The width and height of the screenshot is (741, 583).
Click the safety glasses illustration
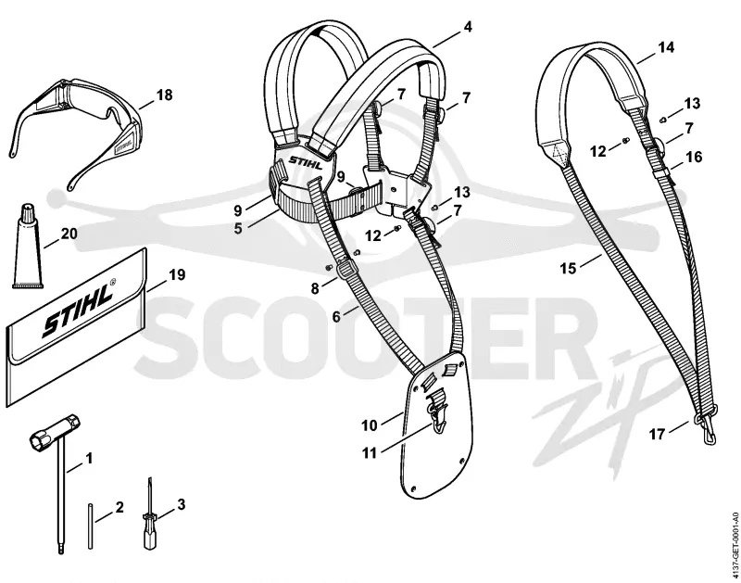point(76,128)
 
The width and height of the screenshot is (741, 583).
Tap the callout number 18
point(164,95)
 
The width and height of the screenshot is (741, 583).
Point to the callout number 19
point(177,274)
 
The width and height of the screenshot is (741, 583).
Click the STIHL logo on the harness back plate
point(307,162)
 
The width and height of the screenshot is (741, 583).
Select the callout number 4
point(468,27)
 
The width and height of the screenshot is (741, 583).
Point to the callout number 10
point(370,425)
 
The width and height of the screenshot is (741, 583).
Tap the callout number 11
point(370,453)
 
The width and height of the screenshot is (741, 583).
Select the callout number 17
point(658,434)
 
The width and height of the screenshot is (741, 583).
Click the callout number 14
point(666,47)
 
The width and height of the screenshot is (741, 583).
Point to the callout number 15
point(569,269)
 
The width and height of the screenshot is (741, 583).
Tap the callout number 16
point(694,157)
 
